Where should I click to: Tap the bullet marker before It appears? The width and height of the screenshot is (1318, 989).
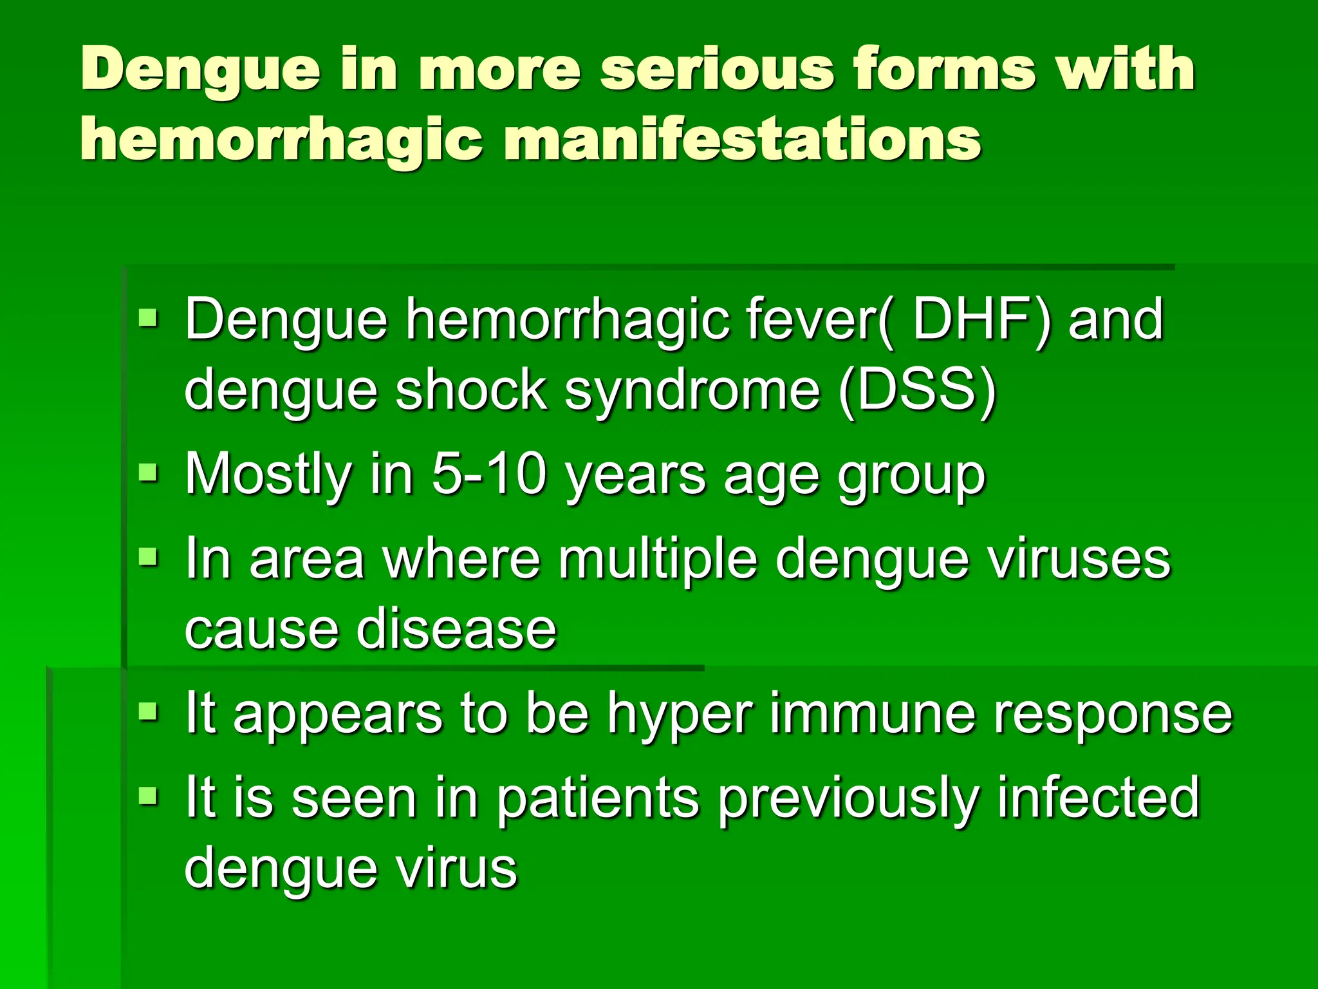147,711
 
